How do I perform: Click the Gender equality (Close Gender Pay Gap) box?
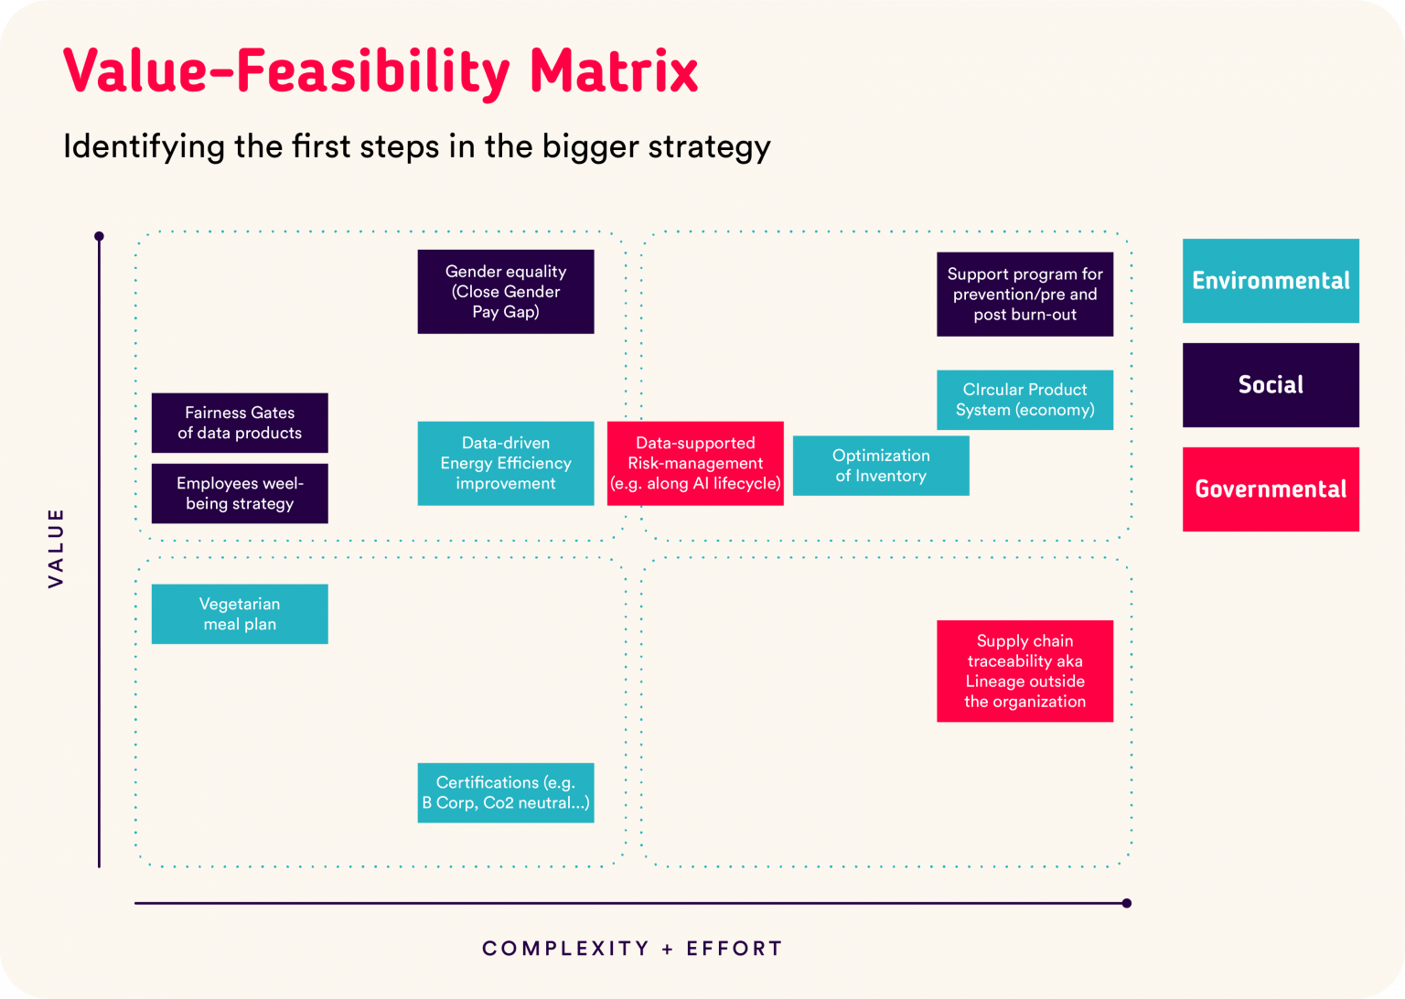point(505,292)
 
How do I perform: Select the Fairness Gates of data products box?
point(240,423)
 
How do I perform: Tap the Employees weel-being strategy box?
point(240,493)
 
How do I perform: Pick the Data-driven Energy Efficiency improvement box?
point(505,463)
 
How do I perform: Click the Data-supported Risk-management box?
point(695,463)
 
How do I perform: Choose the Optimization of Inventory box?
point(880,466)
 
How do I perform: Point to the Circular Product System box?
point(1024,400)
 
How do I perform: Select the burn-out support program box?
point(1024,294)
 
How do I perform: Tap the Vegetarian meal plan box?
point(240,614)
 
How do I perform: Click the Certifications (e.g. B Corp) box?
point(505,792)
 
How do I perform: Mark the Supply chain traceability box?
point(1024,671)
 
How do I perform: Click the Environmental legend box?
point(1271,281)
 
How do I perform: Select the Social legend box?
point(1271,385)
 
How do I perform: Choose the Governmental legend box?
point(1271,489)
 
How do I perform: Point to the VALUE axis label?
point(56,547)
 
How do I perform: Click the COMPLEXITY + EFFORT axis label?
point(632,949)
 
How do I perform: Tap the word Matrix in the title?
point(614,71)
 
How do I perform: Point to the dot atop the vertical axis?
point(99,236)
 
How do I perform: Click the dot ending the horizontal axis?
point(1126,903)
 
